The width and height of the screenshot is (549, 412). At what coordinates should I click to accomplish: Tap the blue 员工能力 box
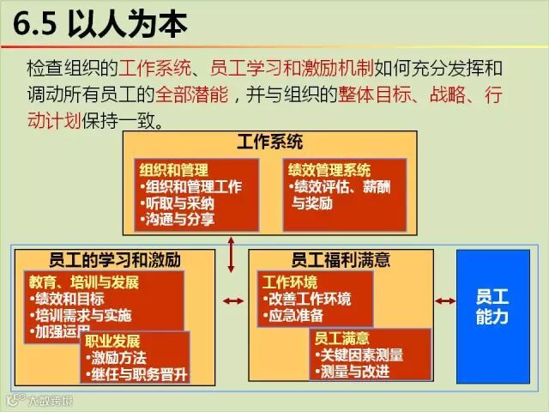(x=492, y=307)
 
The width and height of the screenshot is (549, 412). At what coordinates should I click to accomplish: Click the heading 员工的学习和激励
(x=116, y=258)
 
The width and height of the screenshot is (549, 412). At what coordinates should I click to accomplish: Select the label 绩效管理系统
(x=331, y=170)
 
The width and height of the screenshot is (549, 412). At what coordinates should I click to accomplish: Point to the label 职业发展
(x=111, y=342)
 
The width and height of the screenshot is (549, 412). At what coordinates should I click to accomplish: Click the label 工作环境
(x=290, y=282)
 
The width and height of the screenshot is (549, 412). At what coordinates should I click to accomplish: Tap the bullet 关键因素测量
(x=359, y=355)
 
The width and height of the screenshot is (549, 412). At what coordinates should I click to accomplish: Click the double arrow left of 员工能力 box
(x=444, y=300)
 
